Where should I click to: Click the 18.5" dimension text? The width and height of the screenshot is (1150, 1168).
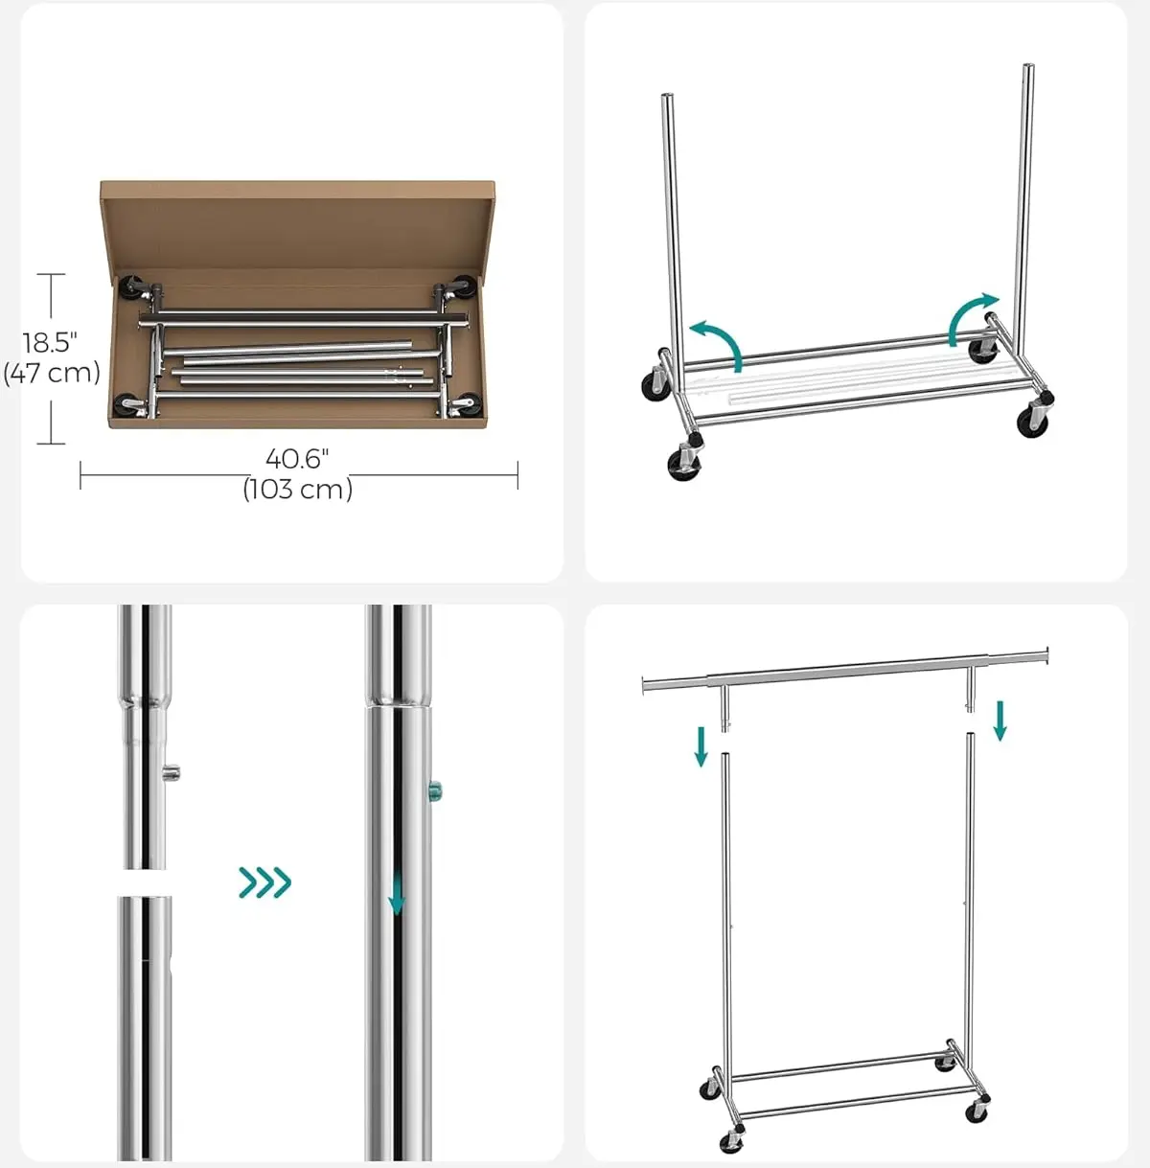[x=50, y=343]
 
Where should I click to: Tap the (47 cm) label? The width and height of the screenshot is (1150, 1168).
[x=52, y=372]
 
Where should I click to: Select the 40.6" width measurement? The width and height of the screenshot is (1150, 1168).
[x=297, y=459]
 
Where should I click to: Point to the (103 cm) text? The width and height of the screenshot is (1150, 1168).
[x=298, y=489]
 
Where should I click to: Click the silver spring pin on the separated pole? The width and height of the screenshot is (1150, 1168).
[x=172, y=771]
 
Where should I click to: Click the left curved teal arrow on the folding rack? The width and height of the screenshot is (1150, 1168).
[x=717, y=342]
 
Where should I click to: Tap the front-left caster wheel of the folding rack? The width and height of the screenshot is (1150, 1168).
[x=684, y=465]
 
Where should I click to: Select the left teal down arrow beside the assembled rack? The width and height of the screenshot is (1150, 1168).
[x=701, y=747]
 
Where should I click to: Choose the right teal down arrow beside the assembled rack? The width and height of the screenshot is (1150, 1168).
[x=1000, y=721]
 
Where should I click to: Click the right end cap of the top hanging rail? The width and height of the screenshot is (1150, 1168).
[x=1046, y=654]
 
